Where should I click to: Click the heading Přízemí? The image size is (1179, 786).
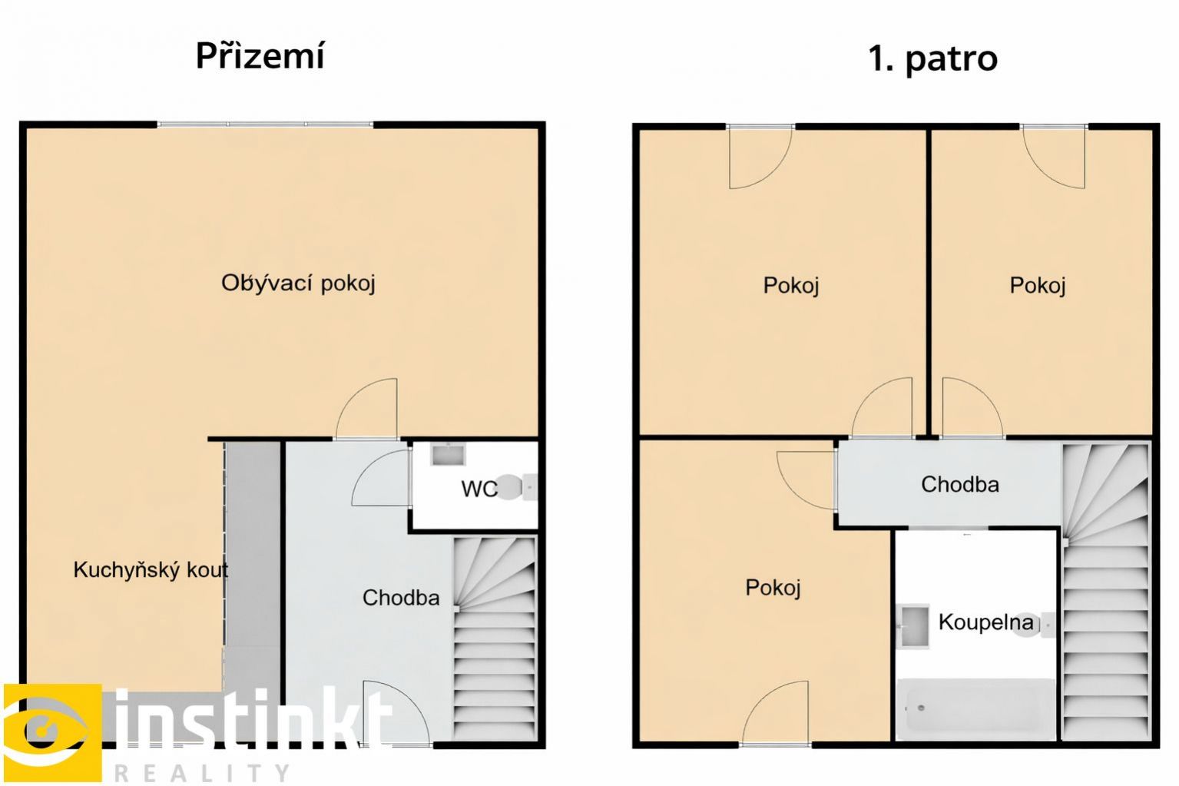260,56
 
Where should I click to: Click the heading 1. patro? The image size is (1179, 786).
932,58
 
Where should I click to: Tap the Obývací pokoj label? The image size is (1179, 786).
298,284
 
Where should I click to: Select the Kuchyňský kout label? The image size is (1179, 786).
151,569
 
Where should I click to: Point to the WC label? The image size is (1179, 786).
479,489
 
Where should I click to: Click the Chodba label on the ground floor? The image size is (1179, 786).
400,598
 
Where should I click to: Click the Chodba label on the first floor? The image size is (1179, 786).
959,484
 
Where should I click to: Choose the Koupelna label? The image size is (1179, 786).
986,622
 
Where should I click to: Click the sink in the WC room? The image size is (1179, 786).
448,454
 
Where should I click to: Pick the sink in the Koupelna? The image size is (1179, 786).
914,626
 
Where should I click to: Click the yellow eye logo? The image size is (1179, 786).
52,731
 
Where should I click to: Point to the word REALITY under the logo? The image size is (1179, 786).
201,773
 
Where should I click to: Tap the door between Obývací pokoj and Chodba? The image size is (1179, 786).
367,409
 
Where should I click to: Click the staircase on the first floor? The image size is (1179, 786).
1105,592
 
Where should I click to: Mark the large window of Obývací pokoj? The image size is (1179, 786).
265,124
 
